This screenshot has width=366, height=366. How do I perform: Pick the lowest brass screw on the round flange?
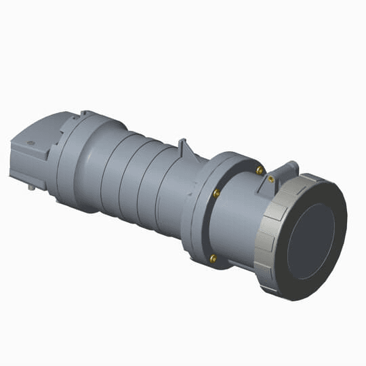[x=214, y=258]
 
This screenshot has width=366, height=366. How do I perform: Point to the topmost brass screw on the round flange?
[x=260, y=170]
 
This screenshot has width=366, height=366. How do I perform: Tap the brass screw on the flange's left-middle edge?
[x=216, y=194]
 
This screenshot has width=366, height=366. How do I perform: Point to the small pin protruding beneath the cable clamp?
[x=31, y=186]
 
